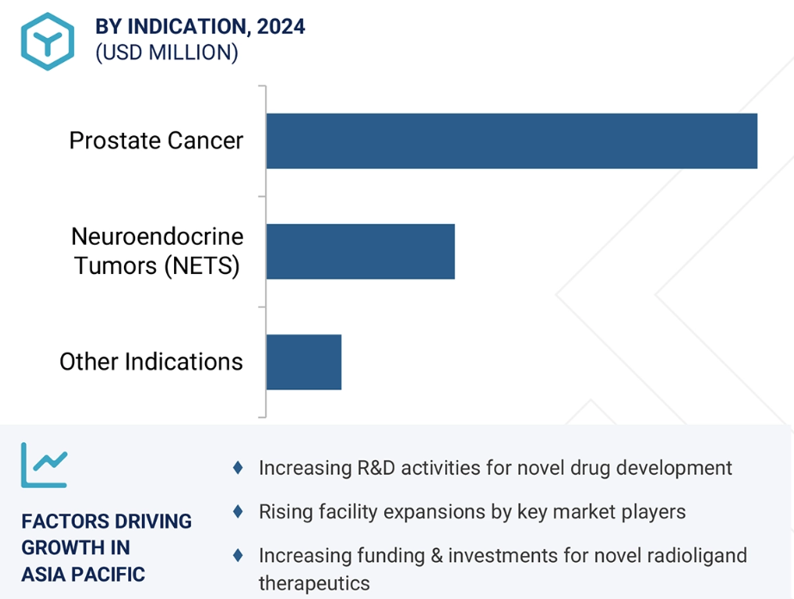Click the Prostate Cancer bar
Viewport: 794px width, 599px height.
click(512, 140)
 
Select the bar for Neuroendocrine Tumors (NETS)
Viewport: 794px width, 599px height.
click(361, 252)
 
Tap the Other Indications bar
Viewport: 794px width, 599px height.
click(304, 362)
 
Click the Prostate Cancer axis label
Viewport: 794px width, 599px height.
click(156, 140)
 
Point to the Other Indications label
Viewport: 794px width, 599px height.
click(151, 362)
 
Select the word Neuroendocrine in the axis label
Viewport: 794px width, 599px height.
click(158, 237)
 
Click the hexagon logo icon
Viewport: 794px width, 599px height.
click(47, 41)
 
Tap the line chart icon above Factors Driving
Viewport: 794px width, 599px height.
click(44, 465)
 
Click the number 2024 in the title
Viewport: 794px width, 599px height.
click(281, 27)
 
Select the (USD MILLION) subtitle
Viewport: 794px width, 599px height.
click(166, 53)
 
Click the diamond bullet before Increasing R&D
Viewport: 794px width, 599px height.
click(238, 468)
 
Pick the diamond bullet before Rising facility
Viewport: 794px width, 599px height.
click(238, 511)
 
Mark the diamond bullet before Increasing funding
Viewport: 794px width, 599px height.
click(238, 555)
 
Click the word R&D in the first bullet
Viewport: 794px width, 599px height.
click(376, 468)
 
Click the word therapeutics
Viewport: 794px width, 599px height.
click(314, 583)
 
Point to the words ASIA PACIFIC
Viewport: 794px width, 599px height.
click(83, 575)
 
